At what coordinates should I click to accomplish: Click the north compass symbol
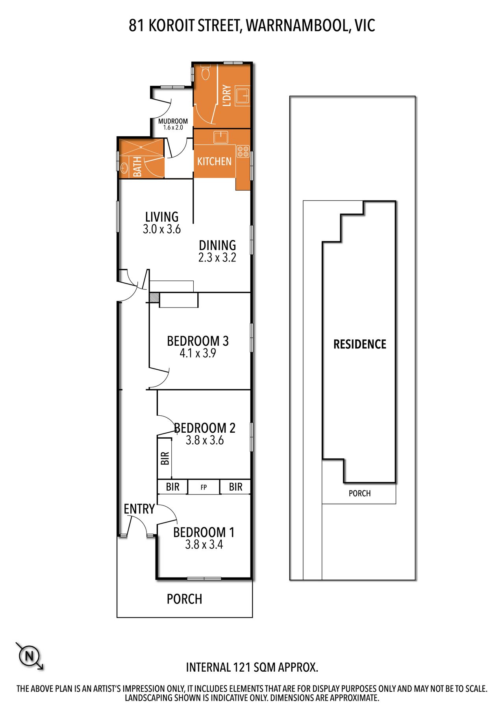click(29, 656)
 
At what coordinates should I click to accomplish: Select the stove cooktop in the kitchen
click(243, 152)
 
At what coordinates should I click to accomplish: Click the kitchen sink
click(221, 137)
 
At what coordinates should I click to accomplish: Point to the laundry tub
click(242, 96)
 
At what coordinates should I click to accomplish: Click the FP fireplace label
click(204, 487)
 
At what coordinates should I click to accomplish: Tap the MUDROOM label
click(173, 121)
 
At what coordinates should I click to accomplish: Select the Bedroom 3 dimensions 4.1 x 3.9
click(198, 353)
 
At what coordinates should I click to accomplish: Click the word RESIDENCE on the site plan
click(360, 344)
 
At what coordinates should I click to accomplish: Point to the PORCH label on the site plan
click(359, 493)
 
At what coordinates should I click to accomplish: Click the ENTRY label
click(139, 509)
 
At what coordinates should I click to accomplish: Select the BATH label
click(137, 167)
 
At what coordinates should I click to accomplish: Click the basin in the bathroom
click(124, 169)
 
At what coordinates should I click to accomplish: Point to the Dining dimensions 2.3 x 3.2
click(217, 257)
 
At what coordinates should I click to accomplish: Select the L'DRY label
click(226, 95)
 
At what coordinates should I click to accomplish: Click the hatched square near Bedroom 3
click(154, 297)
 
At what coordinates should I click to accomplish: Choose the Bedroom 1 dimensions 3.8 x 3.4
click(204, 544)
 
